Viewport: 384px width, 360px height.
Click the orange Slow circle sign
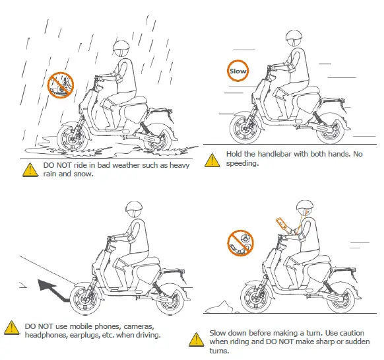click(238, 71)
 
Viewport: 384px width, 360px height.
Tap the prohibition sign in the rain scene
click(61, 85)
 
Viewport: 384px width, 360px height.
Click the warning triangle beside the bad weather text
click(29, 169)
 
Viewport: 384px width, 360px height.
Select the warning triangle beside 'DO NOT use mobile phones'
click(11, 328)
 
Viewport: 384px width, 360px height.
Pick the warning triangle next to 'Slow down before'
click(195, 340)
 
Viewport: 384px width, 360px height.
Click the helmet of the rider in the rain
click(121, 48)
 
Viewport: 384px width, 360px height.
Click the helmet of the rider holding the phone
click(304, 209)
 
